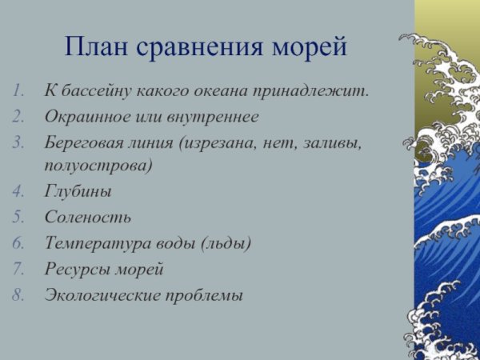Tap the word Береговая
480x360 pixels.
pos(81,143)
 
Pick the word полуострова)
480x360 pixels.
pos(98,166)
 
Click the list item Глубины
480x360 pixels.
pos(78,192)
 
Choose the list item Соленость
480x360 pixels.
pos(87,217)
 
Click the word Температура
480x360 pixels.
pos(94,242)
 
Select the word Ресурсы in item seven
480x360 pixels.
pos(77,268)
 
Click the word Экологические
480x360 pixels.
pos(105,294)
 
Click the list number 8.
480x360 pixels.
pos(20,294)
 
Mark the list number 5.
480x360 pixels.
pos(20,217)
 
